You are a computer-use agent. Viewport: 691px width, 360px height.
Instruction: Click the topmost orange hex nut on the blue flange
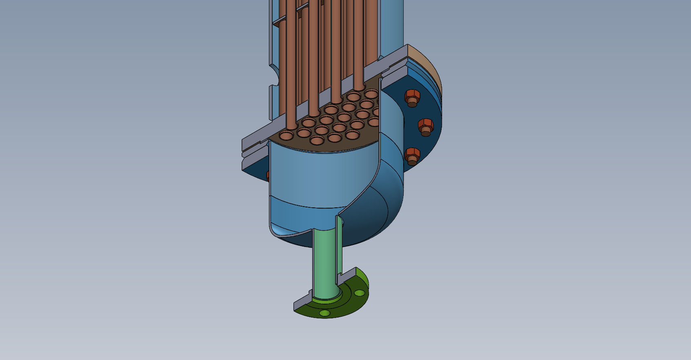click(412, 98)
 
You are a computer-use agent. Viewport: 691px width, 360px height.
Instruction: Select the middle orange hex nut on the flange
click(426, 126)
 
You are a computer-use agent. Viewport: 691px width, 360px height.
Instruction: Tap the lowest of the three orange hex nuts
click(413, 156)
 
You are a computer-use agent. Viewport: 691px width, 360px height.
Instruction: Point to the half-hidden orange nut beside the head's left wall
click(268, 176)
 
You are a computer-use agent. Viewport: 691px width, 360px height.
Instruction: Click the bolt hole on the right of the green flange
click(359, 293)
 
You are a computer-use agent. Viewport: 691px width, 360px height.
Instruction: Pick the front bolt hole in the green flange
click(324, 313)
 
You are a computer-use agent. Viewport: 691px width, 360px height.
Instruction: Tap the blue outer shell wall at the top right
click(392, 24)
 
